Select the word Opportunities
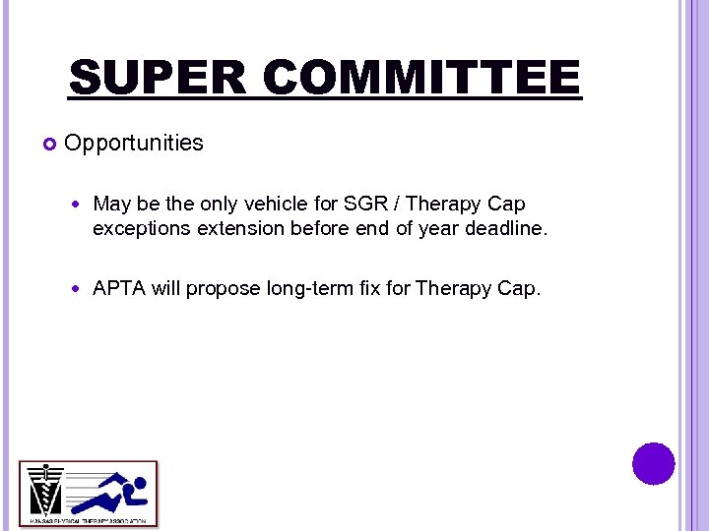coord(134,144)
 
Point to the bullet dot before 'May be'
coord(79,206)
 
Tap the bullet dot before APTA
coord(79,290)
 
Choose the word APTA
coord(119,289)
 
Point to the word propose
coord(224,290)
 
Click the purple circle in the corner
coord(654,463)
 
